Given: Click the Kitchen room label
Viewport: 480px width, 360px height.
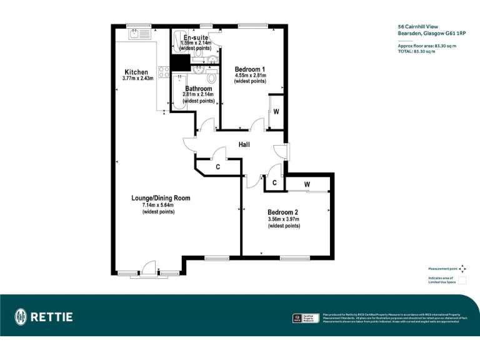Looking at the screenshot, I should pyautogui.click(x=136, y=71).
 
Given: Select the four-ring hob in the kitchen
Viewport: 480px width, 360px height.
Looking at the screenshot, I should pyautogui.click(x=164, y=72).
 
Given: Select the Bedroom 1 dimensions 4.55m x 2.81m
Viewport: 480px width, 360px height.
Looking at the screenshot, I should pyautogui.click(x=250, y=76).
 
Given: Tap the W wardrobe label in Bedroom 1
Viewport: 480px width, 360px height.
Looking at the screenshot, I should pyautogui.click(x=275, y=112).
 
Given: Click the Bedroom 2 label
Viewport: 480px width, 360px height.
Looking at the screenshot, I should pyautogui.click(x=283, y=212).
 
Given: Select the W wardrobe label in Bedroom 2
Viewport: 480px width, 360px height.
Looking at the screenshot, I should pyautogui.click(x=307, y=184).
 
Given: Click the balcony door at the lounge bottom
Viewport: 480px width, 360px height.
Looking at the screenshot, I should pyautogui.click(x=148, y=269).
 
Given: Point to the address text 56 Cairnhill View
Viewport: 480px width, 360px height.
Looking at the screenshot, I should pyautogui.click(x=418, y=27).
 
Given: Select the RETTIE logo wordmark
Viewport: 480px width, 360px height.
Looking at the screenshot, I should pyautogui.click(x=52, y=317).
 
